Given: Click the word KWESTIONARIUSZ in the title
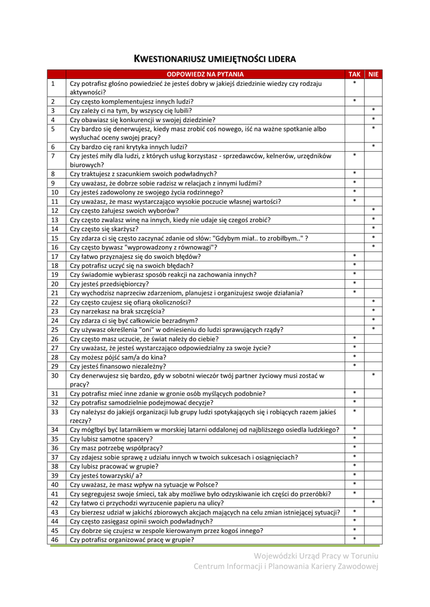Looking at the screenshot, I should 170,59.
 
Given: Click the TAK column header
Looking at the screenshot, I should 354,74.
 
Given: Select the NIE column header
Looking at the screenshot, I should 372,74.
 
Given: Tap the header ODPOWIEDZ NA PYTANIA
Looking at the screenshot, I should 205,74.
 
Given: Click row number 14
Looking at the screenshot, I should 55,229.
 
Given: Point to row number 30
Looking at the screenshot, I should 55,375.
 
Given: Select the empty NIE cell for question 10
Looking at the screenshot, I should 372,192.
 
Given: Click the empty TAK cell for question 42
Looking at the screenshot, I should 354,503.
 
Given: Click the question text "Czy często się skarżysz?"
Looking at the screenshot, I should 104,229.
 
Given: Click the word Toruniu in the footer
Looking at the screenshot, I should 362,555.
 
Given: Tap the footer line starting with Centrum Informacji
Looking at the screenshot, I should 285,567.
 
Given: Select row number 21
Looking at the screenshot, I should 55,293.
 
